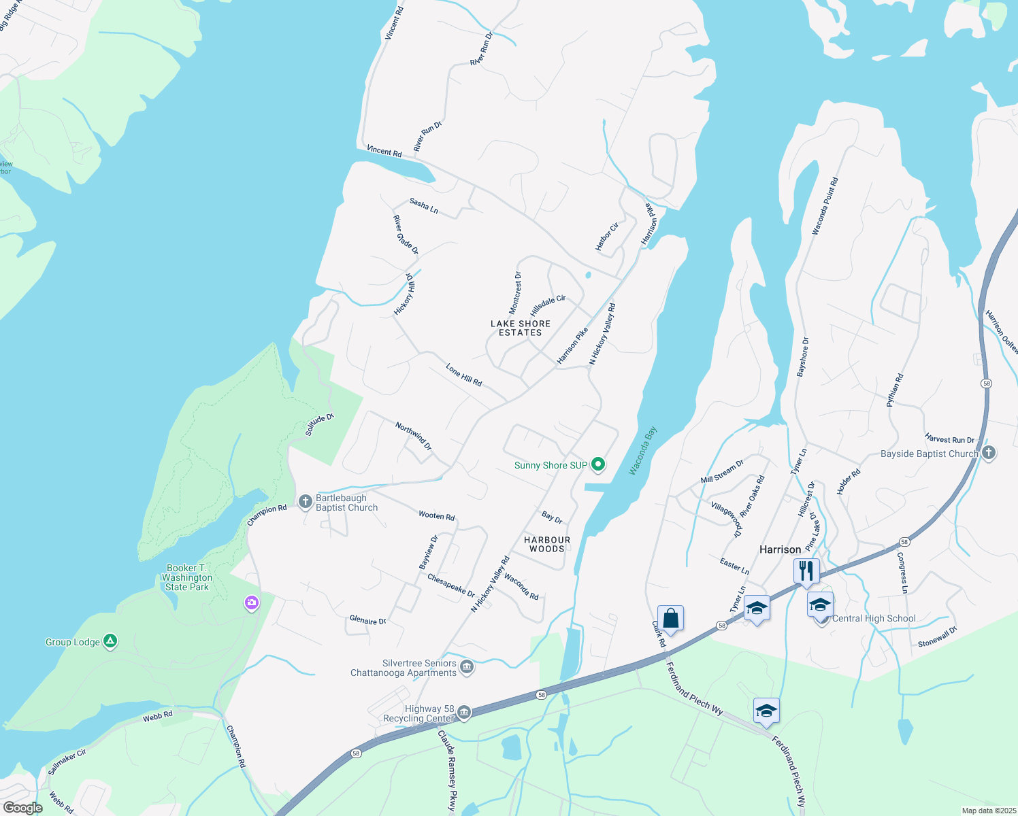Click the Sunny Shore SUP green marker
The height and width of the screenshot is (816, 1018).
click(598, 464)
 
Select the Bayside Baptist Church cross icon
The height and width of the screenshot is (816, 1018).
click(989, 453)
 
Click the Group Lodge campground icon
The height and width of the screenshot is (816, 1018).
click(110, 641)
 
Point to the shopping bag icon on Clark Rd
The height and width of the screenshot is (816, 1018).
click(670, 619)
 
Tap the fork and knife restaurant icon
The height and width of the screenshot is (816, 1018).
click(806, 571)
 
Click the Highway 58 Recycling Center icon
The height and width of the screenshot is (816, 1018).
click(464, 712)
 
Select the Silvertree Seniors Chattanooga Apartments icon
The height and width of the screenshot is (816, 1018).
click(467, 667)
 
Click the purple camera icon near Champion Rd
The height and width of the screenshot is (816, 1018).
click(252, 602)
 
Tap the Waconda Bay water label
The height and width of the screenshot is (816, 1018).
click(642, 451)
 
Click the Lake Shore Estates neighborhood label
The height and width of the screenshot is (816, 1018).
click(521, 328)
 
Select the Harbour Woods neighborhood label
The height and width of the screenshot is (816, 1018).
click(547, 544)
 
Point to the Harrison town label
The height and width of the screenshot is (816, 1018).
click(780, 549)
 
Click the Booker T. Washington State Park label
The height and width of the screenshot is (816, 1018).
click(187, 577)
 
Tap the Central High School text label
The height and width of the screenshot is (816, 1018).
click(874, 618)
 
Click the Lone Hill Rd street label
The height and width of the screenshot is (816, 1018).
click(463, 375)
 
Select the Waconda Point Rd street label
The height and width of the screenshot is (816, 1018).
click(825, 206)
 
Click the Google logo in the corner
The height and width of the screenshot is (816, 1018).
click(23, 808)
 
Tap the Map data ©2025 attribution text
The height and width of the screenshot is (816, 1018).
click(988, 811)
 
